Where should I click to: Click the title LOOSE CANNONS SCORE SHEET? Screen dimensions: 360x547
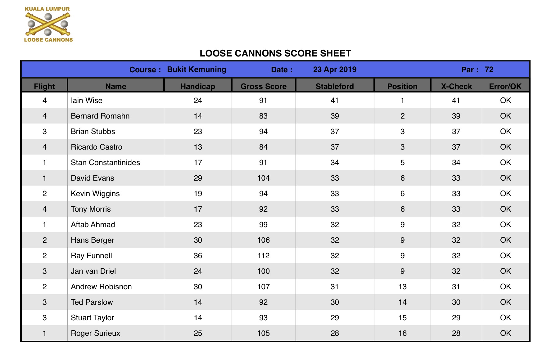[x=275, y=53]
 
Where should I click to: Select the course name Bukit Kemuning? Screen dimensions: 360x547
[x=197, y=69]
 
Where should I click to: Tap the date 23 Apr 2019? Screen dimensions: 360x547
[x=335, y=69]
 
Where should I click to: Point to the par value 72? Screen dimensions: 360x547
[x=489, y=69]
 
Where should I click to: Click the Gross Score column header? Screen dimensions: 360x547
[x=263, y=86]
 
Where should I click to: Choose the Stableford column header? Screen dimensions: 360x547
[x=335, y=86]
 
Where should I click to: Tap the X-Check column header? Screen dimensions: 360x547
[x=456, y=86]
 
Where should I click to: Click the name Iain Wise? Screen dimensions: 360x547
[x=87, y=101]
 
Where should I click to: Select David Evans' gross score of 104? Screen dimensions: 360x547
[x=263, y=178]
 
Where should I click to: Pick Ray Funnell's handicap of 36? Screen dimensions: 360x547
[x=198, y=256]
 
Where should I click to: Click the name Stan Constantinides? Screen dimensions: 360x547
[x=105, y=163]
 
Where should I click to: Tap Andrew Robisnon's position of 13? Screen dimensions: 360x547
[x=402, y=287]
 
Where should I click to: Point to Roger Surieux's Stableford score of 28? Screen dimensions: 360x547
[x=335, y=333]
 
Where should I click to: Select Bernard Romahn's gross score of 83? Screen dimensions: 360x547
[x=263, y=116]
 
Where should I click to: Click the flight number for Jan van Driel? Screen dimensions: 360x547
[x=45, y=271]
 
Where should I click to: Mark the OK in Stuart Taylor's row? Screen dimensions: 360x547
[x=505, y=318]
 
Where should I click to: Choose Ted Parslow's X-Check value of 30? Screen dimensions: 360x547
[x=456, y=302]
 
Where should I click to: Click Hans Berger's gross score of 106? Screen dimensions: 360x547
[x=263, y=240]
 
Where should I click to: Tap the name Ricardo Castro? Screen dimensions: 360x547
[x=97, y=147]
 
